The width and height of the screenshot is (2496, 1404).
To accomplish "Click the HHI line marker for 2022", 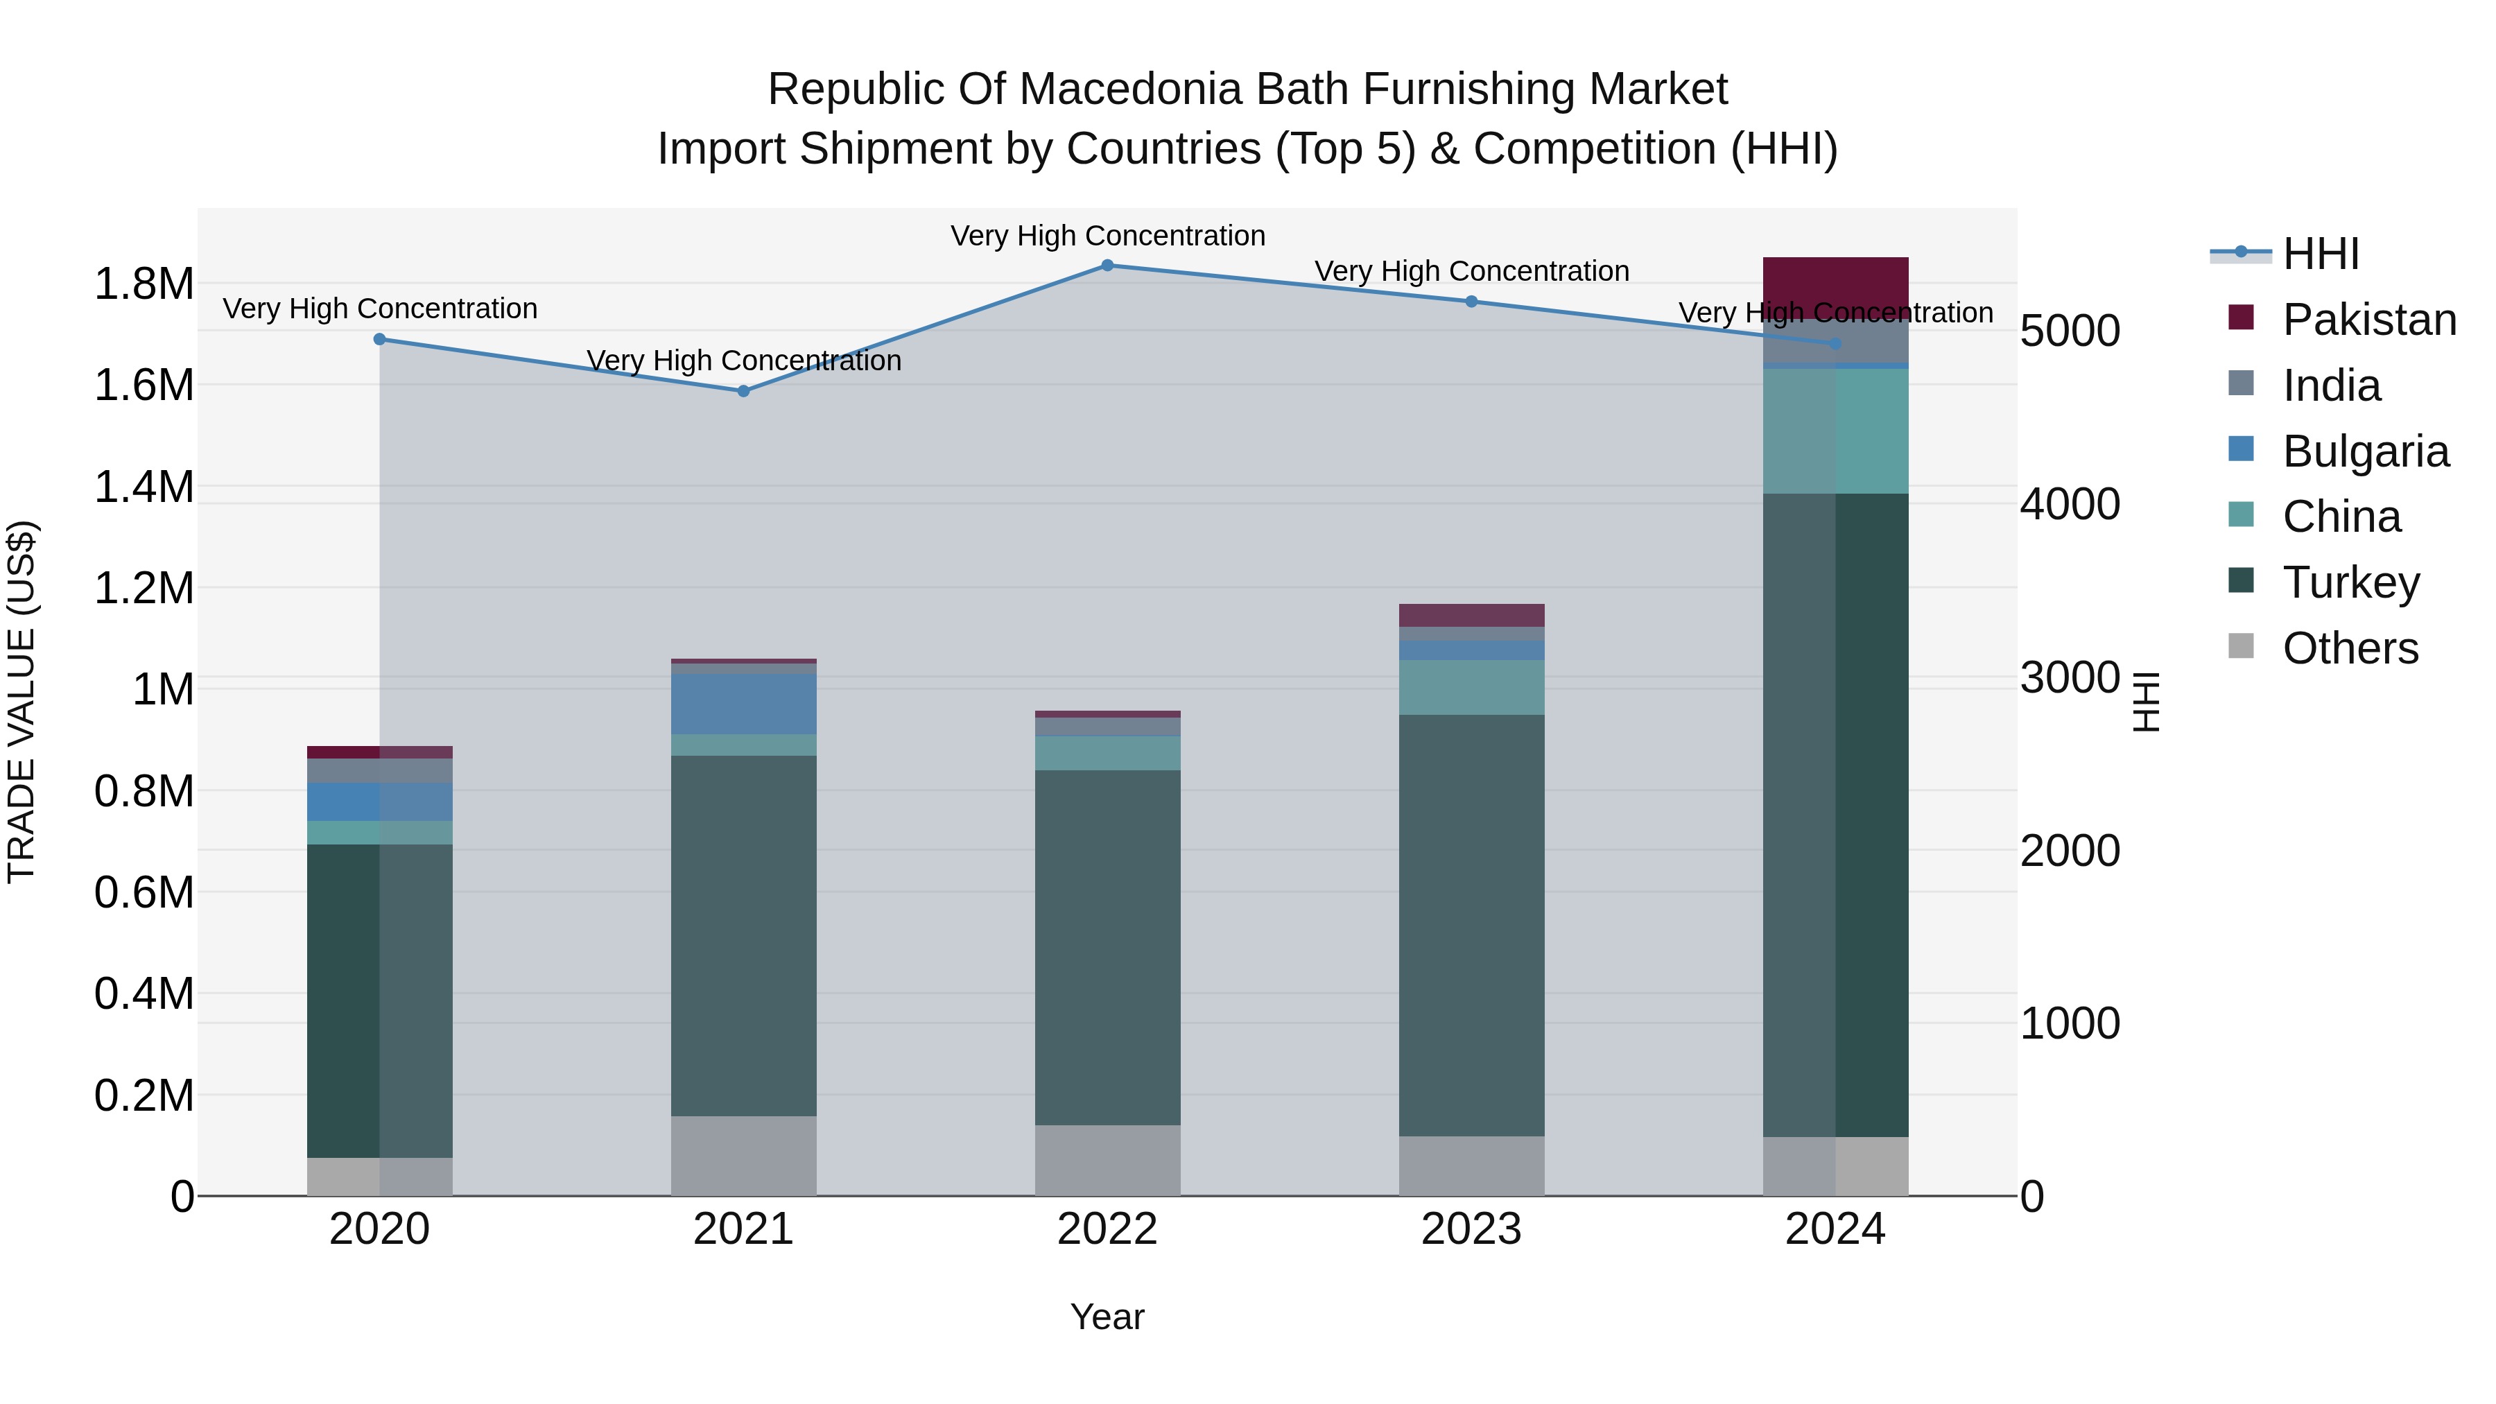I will [1107, 266].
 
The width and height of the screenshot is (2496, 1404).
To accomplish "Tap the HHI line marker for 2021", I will [743, 392].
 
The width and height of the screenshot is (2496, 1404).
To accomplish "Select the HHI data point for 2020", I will [380, 339].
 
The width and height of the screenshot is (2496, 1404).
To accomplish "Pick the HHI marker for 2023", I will [1471, 302].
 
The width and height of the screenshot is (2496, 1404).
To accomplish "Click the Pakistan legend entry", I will [2368, 320].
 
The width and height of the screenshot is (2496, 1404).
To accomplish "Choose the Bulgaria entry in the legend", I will [2364, 451].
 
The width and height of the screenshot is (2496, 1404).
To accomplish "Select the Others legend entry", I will [2349, 648].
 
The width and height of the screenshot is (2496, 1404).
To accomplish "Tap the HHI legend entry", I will [2320, 254].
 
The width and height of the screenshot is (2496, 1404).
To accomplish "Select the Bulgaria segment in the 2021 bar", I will [743, 704].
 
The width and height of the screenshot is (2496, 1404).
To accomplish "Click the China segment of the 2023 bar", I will [1471, 687].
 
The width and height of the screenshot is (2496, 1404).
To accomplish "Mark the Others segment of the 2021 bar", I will [743, 1155].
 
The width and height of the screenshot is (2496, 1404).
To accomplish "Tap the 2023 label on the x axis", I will [1471, 1229].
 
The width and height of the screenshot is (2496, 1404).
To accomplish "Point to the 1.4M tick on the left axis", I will [144, 487].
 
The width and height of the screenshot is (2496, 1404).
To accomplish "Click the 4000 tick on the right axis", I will [2070, 504].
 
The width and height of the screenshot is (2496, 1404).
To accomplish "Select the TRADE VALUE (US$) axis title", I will [21, 702].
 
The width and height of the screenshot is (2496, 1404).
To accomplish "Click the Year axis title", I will [1107, 1317].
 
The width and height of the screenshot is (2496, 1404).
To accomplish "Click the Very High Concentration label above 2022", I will [1107, 236].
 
